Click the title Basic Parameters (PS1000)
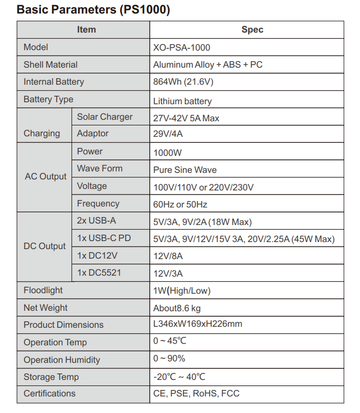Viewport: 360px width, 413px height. click(93, 10)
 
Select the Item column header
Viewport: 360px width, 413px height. click(86, 30)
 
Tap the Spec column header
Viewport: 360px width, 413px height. click(252, 30)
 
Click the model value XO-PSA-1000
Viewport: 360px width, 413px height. click(182, 48)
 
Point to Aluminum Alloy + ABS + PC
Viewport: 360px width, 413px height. click(208, 65)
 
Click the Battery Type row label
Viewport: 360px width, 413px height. click(48, 99)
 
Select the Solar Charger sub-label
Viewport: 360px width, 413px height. click(105, 117)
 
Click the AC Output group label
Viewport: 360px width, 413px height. click(46, 176)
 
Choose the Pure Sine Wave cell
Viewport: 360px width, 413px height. click(185, 170)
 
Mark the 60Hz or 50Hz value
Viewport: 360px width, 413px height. click(180, 204)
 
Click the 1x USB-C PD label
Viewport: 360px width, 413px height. click(104, 238)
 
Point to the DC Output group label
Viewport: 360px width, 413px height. click(45, 246)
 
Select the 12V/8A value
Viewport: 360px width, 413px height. click(168, 256)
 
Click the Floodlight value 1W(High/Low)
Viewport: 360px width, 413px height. click(182, 291)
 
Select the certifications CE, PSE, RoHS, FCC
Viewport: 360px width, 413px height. click(196, 393)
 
